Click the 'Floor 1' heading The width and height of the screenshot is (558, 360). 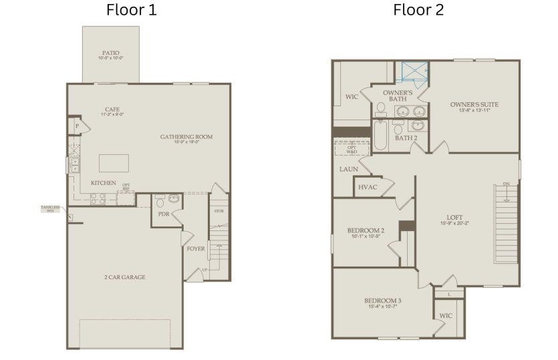pos(132,10)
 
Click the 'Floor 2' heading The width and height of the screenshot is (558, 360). pos(418,10)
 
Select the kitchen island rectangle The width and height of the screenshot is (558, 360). pos(114,163)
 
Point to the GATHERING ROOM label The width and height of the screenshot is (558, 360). pos(186,137)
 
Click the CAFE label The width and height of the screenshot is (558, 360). pos(112,110)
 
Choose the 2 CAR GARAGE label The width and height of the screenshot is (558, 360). pos(124,277)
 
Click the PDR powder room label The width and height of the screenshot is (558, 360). pos(164,214)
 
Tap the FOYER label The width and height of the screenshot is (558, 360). pos(196,249)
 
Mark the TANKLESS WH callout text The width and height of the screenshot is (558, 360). pos(51,208)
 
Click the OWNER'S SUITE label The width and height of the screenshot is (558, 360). pos(474,104)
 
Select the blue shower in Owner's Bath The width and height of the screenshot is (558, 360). pos(412,72)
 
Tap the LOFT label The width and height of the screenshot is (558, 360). pos(454,218)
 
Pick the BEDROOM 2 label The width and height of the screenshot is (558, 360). pos(366,230)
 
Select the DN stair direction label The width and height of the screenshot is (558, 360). pos(507,184)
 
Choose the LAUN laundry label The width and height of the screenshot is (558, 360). pos(349,169)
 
